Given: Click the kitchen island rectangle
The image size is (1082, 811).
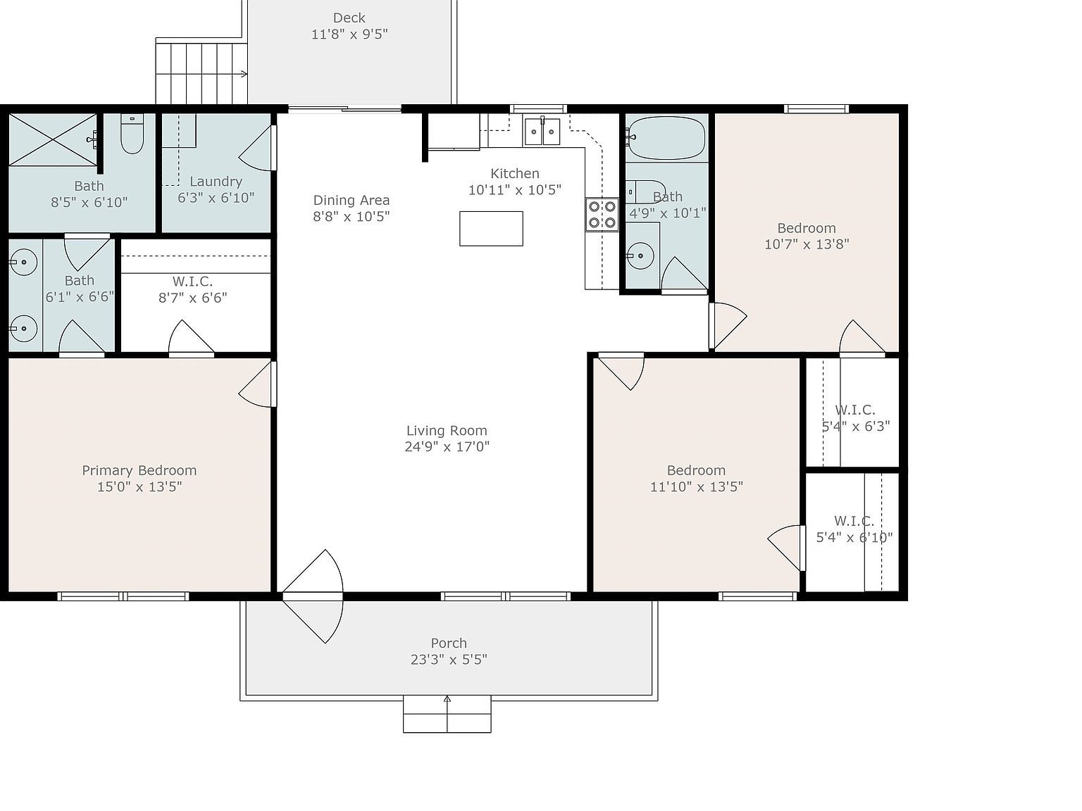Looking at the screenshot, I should click(x=491, y=229).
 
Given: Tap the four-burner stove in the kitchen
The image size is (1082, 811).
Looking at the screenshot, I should click(x=602, y=215).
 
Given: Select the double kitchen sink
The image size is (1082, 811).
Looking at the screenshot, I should click(x=542, y=132).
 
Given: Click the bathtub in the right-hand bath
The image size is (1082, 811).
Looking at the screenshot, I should click(x=666, y=138).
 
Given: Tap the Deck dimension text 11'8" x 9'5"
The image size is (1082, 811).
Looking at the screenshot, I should click(x=349, y=34).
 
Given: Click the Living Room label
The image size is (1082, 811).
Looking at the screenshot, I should click(x=447, y=431).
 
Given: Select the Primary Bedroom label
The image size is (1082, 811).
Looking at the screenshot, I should click(x=139, y=470).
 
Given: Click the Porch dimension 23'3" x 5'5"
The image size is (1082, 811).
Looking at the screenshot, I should click(x=449, y=660).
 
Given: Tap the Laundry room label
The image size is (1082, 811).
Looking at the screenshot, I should click(x=216, y=182).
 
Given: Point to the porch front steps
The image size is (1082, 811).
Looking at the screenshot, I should click(x=447, y=715).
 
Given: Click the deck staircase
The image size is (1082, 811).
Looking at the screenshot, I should click(x=201, y=73).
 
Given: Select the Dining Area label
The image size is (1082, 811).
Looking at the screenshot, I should click(x=351, y=201).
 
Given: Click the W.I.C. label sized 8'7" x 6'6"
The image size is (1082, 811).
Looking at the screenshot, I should click(x=192, y=282).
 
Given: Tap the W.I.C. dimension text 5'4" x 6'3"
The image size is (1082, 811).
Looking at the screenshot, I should click(x=855, y=426).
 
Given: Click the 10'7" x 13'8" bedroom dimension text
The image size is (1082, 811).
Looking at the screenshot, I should click(x=807, y=244).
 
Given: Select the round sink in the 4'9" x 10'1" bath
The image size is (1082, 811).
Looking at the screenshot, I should click(x=640, y=256).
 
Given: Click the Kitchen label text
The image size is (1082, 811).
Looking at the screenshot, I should click(x=515, y=174).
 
